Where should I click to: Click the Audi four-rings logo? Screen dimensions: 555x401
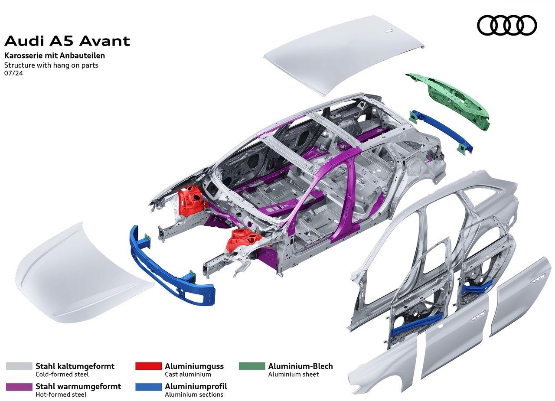coord(507,25)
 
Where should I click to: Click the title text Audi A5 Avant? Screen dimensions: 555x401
coord(67,41)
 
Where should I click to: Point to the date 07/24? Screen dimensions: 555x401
coord(13,73)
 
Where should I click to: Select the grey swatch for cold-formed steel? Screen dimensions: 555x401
coord(19,366)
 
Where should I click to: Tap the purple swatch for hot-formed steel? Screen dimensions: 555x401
coord(19,387)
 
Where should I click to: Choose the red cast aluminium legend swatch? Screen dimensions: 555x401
coord(148,366)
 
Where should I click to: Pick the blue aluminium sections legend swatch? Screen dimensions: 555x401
coord(148,387)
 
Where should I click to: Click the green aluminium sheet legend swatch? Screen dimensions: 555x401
coord(252,366)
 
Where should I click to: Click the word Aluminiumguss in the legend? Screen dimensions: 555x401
coord(194,366)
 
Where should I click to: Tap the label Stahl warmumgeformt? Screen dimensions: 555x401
coord(78,386)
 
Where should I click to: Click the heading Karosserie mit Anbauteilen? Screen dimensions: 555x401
coord(55,55)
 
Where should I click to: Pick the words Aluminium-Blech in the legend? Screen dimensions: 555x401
coord(300,366)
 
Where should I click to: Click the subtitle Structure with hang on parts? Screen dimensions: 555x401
coord(51,65)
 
